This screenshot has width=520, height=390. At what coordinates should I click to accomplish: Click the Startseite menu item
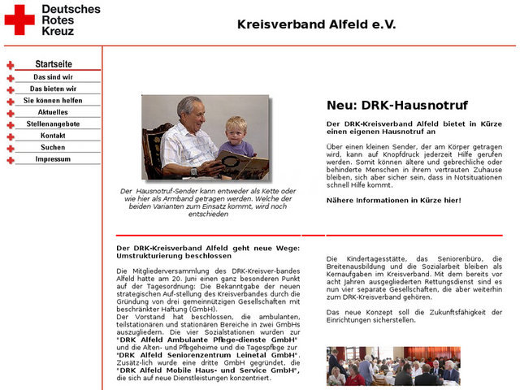click(54, 64)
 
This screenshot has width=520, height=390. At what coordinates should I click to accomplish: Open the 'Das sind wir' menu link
click(54, 77)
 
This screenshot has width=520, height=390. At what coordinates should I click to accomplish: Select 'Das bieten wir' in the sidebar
click(54, 89)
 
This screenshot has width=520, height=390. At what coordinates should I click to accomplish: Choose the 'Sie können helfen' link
click(54, 101)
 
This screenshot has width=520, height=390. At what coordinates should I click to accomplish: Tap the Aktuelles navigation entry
click(54, 112)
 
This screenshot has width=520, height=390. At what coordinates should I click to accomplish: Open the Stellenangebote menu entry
click(54, 124)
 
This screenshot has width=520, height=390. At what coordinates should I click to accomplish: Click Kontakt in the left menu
click(54, 136)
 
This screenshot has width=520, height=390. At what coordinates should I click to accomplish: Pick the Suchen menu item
click(54, 148)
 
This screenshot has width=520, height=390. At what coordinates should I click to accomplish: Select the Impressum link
click(54, 159)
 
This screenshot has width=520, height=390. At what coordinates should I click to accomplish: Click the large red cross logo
click(19, 19)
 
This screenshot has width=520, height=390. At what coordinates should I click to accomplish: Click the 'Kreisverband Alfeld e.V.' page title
click(317, 24)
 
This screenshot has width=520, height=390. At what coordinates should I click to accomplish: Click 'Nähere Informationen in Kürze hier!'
click(393, 200)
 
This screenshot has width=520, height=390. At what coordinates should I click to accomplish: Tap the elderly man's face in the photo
click(191, 112)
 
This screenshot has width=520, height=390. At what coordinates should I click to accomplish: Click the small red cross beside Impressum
click(11, 160)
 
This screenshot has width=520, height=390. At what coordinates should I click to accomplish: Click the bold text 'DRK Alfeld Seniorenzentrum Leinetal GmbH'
click(208, 355)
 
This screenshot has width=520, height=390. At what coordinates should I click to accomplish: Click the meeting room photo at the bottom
click(393, 366)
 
